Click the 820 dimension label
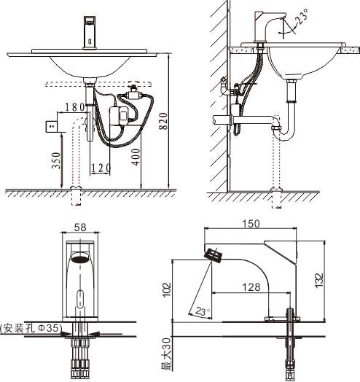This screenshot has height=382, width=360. [163, 121]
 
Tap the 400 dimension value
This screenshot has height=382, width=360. [136, 157]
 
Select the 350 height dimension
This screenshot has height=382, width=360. [56, 160]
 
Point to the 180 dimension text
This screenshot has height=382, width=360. [75, 107]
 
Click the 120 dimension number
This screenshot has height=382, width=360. [101, 168]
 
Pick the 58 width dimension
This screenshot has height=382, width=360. [80, 227]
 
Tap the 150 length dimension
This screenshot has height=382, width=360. [251, 224]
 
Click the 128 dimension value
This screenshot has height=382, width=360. [251, 287]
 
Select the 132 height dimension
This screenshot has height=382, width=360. [319, 281]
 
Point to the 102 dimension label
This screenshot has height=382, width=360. [167, 289]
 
